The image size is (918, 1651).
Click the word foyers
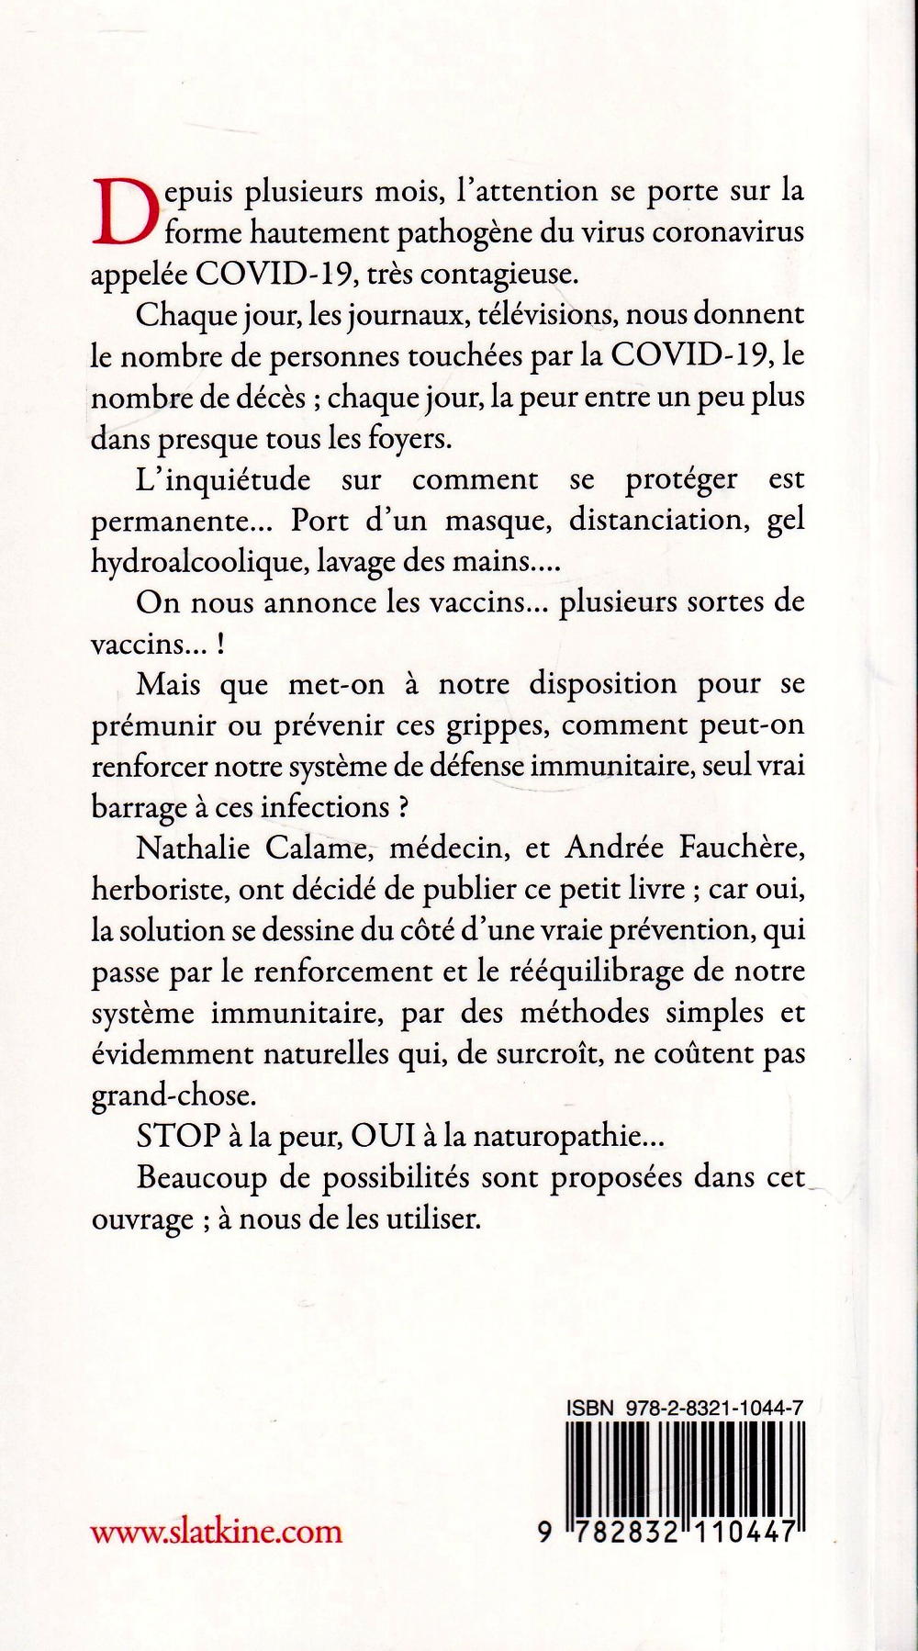tap(410, 438)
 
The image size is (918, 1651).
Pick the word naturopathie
tap(554, 1139)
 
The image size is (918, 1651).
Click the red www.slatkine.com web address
tap(217, 1532)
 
